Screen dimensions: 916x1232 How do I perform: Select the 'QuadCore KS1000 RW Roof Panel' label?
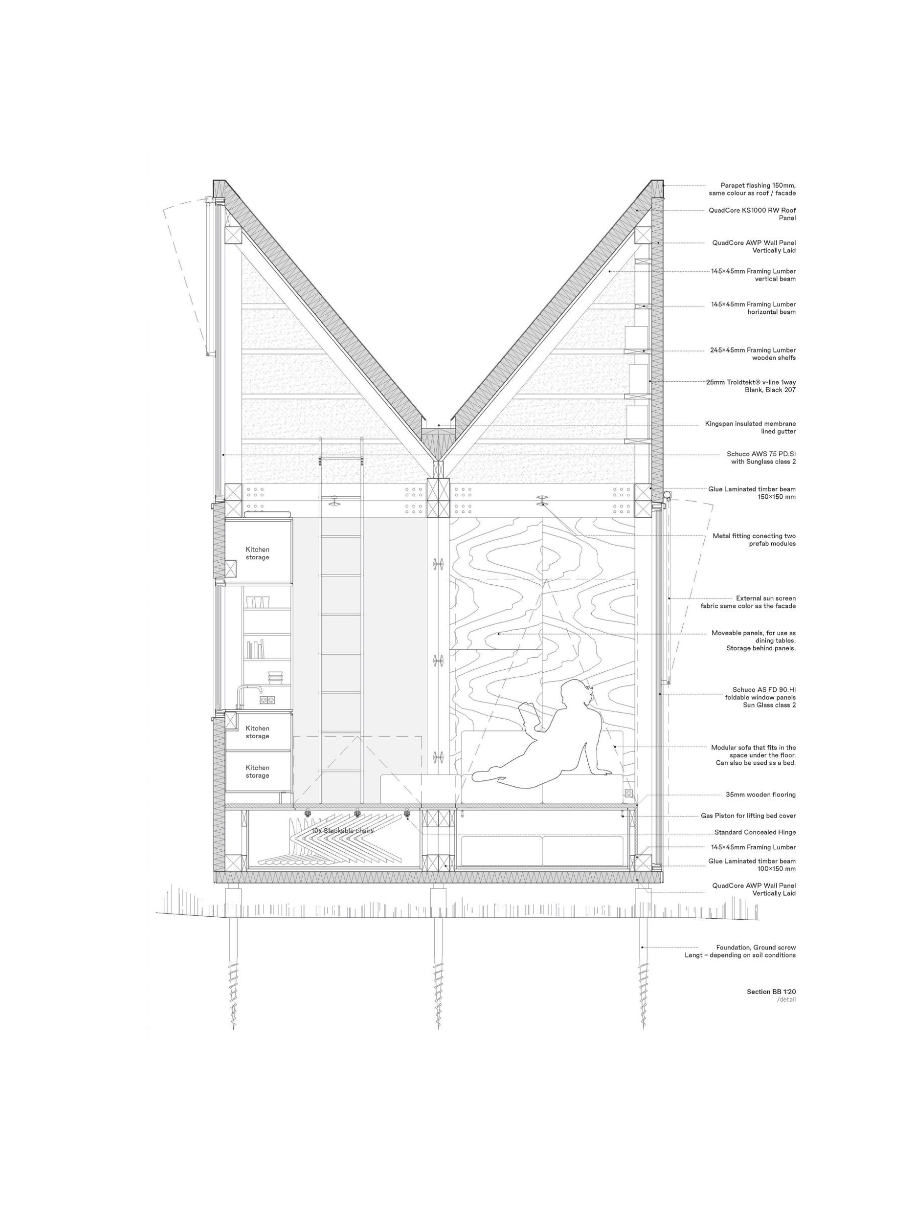tap(753, 214)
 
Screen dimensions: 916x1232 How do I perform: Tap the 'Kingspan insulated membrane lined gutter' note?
tap(750, 427)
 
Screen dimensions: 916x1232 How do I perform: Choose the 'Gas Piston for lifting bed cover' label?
tap(748, 816)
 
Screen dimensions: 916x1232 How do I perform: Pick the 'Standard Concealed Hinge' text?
tap(755, 832)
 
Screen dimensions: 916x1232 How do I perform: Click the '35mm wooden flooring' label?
tap(761, 795)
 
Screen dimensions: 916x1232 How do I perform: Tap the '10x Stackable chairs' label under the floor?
tap(342, 831)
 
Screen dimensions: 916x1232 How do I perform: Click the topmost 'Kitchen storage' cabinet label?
tap(257, 553)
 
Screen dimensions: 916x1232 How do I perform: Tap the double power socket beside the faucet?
tap(267, 700)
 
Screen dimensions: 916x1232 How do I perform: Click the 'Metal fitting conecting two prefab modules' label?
tap(754, 540)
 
